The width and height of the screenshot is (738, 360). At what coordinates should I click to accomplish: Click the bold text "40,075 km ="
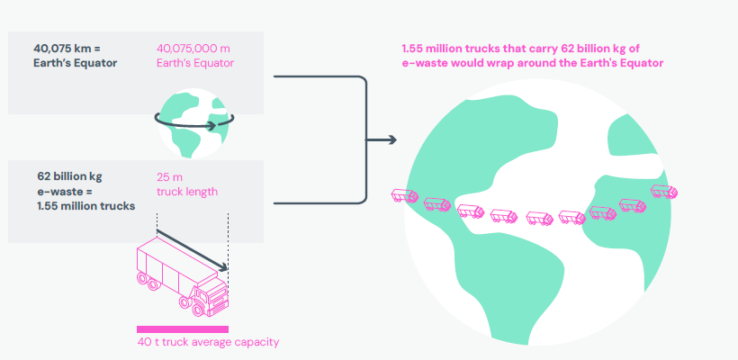[67, 49]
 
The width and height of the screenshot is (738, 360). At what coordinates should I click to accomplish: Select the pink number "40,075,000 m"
[193, 49]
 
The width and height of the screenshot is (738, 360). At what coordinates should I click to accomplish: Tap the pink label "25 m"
[169, 177]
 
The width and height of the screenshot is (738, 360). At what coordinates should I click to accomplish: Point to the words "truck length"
[187, 192]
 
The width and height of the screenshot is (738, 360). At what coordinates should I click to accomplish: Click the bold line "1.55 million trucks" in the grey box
[86, 206]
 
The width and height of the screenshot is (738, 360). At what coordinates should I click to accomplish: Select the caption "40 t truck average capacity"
[208, 342]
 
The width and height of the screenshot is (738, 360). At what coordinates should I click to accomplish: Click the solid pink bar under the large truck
[183, 329]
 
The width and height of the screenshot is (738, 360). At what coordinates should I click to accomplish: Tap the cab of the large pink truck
[211, 296]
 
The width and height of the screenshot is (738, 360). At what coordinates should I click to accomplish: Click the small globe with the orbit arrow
[193, 123]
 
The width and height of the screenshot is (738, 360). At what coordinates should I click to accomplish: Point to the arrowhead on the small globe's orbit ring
[212, 126]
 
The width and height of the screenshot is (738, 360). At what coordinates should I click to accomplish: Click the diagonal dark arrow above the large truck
[192, 250]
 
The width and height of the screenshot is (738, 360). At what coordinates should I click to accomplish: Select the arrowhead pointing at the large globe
[391, 139]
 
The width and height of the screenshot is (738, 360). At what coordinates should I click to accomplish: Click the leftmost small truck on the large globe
[405, 195]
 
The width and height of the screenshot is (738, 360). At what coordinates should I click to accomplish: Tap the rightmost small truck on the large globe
[664, 191]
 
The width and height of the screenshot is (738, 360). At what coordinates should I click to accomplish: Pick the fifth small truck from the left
[539, 219]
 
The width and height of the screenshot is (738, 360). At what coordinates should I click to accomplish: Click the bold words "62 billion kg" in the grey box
[69, 177]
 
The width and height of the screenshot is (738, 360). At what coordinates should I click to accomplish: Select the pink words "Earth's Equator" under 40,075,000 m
[195, 63]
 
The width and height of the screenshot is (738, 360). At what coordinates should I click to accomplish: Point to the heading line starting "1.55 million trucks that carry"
[520, 49]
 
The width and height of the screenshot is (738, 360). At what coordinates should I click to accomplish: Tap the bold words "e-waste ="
[61, 192]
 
